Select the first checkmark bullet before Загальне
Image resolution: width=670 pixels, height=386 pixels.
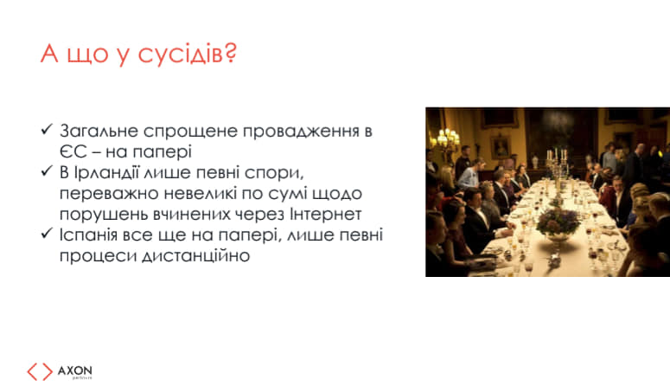click(47, 129)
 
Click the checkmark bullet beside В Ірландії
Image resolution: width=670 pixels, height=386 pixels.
click(47, 171)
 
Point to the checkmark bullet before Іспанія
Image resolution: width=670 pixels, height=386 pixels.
click(47, 234)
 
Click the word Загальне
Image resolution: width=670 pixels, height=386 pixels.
click(99, 132)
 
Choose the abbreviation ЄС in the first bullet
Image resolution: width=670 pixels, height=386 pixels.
click(73, 152)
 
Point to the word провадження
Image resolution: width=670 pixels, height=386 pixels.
click(301, 132)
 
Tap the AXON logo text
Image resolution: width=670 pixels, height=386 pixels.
click(74, 370)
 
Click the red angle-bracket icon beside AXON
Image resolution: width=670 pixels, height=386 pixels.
click(40, 371)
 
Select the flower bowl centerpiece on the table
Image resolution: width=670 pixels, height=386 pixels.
click(558, 224)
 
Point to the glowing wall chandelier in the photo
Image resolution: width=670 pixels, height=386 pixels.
click(447, 140)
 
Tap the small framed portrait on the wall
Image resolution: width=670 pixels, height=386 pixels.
click(501, 148)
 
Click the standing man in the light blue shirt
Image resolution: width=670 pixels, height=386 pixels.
click(470, 174)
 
